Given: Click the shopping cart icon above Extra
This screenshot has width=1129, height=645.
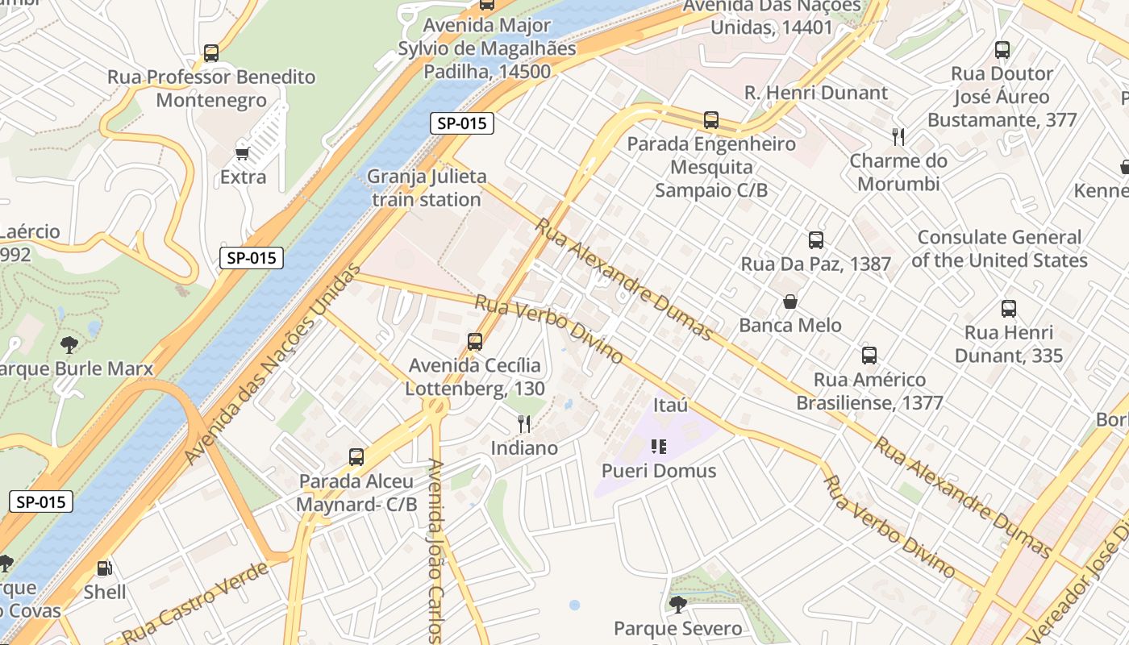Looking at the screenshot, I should [242, 152].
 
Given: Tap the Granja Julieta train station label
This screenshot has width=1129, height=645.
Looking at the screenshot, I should [427, 188].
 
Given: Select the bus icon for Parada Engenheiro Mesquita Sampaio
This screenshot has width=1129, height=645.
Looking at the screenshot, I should [710, 120].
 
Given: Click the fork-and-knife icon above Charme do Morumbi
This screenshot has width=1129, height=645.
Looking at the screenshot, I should [898, 137].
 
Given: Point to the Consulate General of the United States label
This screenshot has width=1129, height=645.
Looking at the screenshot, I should [999, 249].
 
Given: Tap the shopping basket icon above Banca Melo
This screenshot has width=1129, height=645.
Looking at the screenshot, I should [790, 302].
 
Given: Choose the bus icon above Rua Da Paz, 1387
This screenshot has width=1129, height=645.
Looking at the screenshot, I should [815, 239].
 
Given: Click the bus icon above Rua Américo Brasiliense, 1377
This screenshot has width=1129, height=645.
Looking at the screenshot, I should [869, 355].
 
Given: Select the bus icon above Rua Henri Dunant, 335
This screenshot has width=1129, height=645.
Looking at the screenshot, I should [1008, 308].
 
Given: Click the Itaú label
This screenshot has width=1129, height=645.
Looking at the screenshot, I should [670, 405].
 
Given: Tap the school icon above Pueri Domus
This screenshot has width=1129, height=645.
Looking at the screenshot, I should [659, 446].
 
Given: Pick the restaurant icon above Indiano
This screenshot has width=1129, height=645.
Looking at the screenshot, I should [524, 423].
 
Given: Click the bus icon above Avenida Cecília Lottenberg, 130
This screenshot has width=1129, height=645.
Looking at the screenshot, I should [474, 341].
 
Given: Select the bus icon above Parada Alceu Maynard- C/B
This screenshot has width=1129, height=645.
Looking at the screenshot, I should [356, 457].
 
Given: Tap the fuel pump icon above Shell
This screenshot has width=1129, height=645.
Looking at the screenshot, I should [104, 568].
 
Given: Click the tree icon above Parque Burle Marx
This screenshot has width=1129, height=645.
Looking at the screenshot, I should [69, 345].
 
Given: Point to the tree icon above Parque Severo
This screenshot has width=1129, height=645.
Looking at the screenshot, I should [677, 604].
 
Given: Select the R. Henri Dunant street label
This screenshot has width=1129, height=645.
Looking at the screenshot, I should [815, 93].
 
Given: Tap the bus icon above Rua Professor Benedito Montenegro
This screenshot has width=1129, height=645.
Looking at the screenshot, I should [210, 53].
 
